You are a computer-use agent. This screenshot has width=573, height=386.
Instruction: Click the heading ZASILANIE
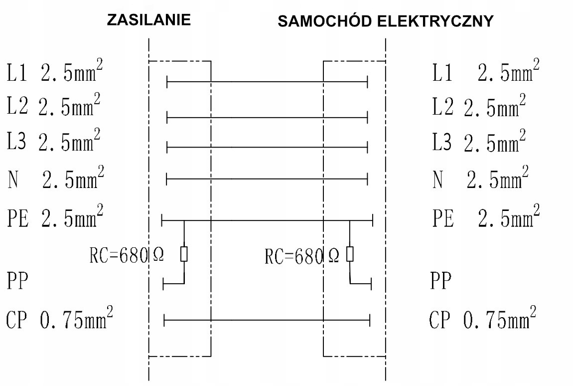pyautogui.click(x=149, y=20)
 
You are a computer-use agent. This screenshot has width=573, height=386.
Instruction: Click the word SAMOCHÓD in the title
pyautogui.click(x=325, y=21)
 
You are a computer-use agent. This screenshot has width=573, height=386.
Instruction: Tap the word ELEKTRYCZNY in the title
pyautogui.click(x=435, y=21)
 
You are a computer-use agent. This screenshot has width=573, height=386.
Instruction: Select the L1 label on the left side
pyautogui.click(x=17, y=72)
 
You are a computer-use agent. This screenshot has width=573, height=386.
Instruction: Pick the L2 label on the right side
pyautogui.click(x=442, y=107)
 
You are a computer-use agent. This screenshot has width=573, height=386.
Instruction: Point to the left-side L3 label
pyautogui.click(x=17, y=141)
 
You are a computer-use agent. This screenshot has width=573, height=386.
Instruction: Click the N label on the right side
pyautogui.click(x=438, y=180)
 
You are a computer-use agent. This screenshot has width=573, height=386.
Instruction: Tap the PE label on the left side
pyautogui.click(x=18, y=218)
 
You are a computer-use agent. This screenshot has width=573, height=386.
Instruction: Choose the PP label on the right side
pyautogui.click(x=441, y=281)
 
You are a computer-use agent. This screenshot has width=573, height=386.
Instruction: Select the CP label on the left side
pyautogui.click(x=16, y=319)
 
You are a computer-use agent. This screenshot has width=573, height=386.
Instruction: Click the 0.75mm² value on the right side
pyautogui.click(x=500, y=318)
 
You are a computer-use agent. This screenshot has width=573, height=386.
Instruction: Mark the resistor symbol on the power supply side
pyautogui.click(x=184, y=254)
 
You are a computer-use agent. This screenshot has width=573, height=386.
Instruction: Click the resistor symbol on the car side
pyautogui.click(x=350, y=254)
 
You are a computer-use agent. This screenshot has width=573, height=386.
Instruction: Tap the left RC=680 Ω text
pyautogui.click(x=127, y=255)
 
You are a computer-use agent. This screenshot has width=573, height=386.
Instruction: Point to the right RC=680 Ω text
pyautogui.click(x=302, y=256)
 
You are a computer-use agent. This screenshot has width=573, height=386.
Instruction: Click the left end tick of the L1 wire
pyautogui.click(x=167, y=82)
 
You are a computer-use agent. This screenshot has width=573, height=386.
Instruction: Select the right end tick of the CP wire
pyautogui.click(x=370, y=320)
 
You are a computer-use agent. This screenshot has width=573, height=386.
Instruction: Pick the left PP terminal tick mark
pyautogui.click(x=163, y=284)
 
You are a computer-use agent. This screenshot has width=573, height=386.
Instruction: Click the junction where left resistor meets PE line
pyautogui.click(x=184, y=220)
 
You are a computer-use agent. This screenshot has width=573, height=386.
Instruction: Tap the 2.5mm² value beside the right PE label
pyautogui.click(x=509, y=216)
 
